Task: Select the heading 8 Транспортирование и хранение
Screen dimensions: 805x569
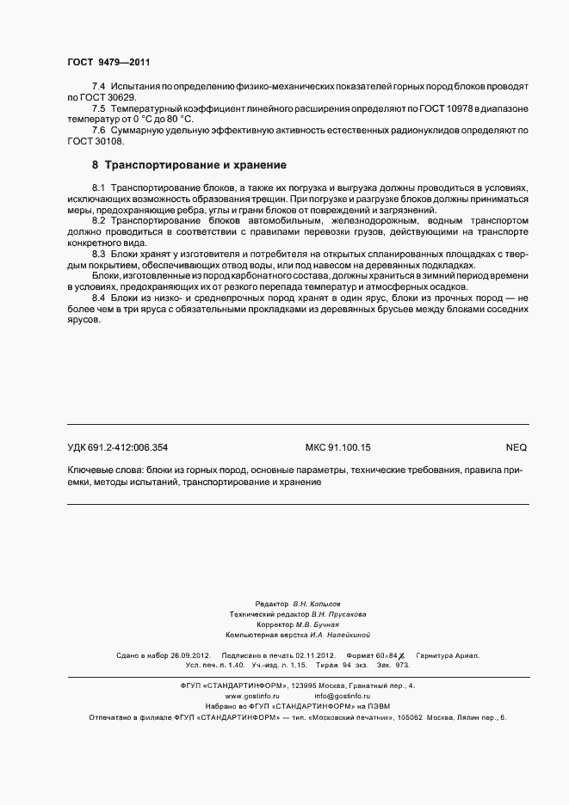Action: [189, 163]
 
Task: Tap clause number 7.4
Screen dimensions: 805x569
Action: [97, 88]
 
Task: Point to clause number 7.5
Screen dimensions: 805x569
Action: [97, 108]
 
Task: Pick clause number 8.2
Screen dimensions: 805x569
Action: [97, 221]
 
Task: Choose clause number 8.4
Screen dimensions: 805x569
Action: [97, 298]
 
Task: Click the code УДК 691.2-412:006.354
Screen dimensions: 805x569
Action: [118, 447]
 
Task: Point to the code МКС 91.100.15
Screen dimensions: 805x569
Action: [338, 447]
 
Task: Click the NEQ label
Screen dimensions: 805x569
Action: [516, 447]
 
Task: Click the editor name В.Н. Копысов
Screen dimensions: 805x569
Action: [323, 605]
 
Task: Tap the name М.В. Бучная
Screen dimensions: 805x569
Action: [317, 624]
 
